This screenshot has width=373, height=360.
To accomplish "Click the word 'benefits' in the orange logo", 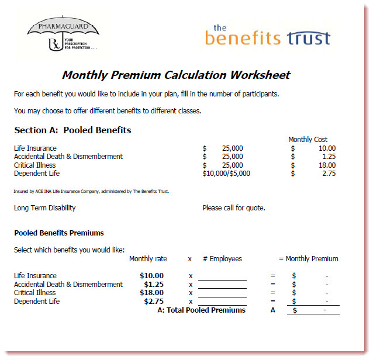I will point(243,38).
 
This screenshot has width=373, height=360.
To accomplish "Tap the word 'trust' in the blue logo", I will point(308,38).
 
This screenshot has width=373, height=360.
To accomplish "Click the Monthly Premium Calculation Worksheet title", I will point(176,75).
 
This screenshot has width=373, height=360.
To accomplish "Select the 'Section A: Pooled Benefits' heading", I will point(72,130).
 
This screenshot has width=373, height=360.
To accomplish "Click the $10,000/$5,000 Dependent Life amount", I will point(226,174).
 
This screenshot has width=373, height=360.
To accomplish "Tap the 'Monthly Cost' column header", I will point(308,140).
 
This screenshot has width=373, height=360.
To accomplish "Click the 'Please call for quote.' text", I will point(233,207).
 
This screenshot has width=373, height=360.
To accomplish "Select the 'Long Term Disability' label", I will point(44,207).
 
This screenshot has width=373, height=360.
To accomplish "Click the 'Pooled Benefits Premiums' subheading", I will point(59,233).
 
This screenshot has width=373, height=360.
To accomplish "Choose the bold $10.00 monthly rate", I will point(151,276).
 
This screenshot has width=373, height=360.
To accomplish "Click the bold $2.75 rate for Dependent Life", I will point(154,302).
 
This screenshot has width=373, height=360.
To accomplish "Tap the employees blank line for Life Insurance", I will point(222,276).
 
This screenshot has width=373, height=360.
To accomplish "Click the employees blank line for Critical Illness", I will point(222,293).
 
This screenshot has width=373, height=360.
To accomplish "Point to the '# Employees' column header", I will point(222,259).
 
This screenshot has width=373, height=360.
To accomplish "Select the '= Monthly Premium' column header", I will point(308,259).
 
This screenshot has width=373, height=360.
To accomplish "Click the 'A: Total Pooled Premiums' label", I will point(202,310).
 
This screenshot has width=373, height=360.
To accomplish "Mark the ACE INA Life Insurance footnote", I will point(92,191).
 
